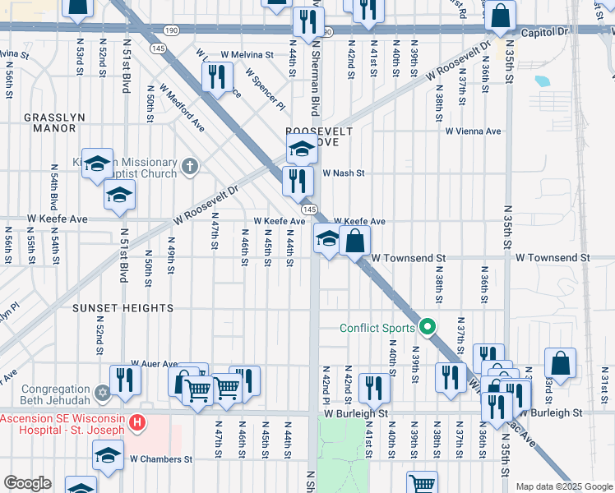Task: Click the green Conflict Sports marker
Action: [428, 328]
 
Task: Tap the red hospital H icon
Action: [138, 423]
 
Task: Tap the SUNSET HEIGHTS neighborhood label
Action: [111, 308]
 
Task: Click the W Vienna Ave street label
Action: [473, 131]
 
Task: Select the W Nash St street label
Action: [343, 173]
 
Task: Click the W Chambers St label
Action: [160, 459]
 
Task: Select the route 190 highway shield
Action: [171, 30]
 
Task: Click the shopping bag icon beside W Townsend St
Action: [355, 241]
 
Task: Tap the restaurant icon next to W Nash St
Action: [298, 180]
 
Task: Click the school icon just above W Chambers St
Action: [109, 454]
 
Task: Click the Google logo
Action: [27, 483]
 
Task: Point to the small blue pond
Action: [542, 81]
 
